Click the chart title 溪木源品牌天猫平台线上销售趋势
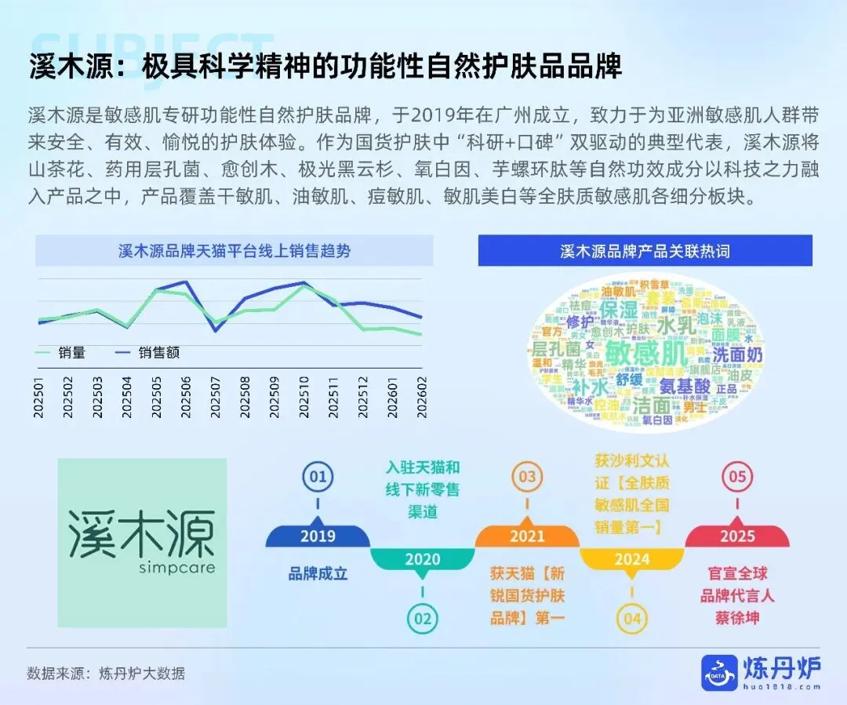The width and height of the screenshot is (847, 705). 234,251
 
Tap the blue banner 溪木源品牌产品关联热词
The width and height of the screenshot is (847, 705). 645,251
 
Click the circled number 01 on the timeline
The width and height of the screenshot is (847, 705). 318,477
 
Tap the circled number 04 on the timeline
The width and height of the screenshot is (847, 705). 632,619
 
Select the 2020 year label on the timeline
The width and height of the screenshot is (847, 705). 422,560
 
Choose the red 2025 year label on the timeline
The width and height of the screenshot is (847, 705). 737,536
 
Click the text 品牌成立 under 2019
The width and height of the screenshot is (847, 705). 318,573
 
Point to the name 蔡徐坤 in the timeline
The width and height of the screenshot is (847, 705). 737,617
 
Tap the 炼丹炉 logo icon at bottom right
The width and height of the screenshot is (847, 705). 719,673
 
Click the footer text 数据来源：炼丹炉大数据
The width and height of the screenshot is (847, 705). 106,673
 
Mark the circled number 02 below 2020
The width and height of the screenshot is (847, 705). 423,618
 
